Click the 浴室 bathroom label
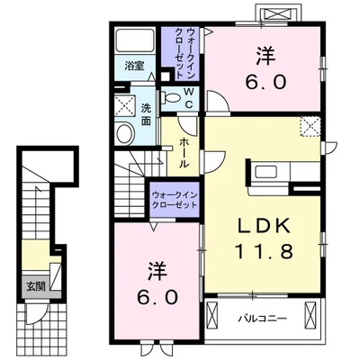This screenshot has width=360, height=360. click(134, 66)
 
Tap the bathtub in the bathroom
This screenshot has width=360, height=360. click(136, 41)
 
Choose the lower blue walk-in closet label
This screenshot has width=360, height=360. click(175, 198)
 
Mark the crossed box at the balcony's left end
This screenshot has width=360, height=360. click(213, 317)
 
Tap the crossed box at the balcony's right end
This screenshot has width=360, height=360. click(311, 317)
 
